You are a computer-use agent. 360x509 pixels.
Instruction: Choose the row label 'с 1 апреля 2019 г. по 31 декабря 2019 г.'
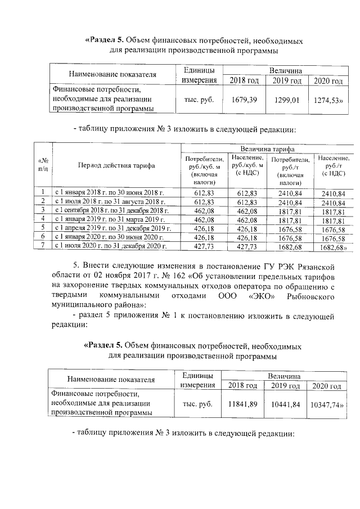tap(111, 228)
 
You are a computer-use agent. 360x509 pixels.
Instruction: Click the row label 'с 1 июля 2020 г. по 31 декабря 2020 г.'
tap(110, 246)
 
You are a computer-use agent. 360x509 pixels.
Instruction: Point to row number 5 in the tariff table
tap(43, 228)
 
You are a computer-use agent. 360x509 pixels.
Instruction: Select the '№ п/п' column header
tap(43, 165)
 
